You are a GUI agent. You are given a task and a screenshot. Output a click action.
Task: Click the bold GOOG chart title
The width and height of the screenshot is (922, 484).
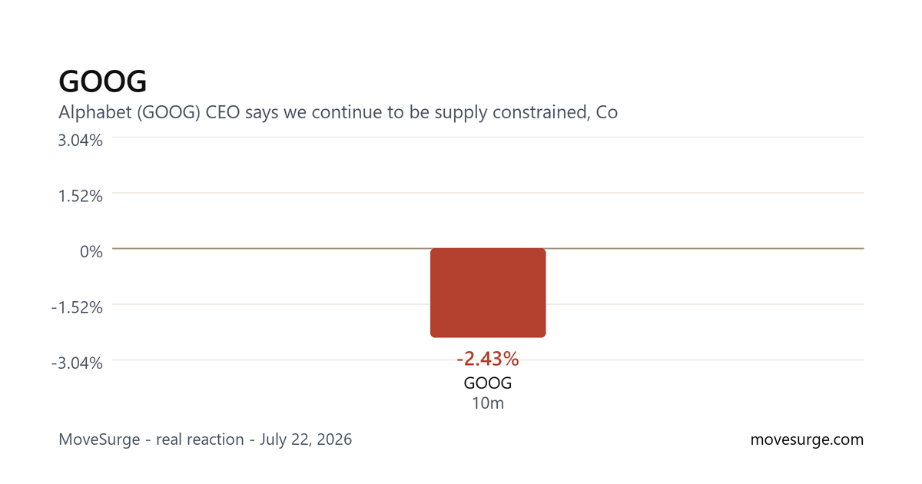pyautogui.click(x=102, y=81)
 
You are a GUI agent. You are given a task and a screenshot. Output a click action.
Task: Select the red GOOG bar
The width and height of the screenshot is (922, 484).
pyautogui.click(x=488, y=293)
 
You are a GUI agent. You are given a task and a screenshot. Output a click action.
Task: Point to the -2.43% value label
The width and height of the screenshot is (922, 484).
pyautogui.click(x=488, y=359)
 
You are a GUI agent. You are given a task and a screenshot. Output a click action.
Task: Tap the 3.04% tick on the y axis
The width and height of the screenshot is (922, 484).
pyautogui.click(x=80, y=141)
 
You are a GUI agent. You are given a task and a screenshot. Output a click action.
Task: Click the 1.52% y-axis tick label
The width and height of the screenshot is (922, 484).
pyautogui.click(x=80, y=196)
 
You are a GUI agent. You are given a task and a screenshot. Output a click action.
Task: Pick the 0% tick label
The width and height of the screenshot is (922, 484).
pyautogui.click(x=91, y=251)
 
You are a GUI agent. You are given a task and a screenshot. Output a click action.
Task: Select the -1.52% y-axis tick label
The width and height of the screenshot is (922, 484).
pyautogui.click(x=77, y=307)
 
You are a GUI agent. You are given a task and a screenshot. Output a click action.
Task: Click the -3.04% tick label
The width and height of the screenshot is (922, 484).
pyautogui.click(x=77, y=363)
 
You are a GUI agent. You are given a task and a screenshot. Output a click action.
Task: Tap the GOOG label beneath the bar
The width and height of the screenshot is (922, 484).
pyautogui.click(x=488, y=383)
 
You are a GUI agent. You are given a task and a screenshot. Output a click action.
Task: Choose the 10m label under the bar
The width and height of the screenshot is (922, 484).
pyautogui.click(x=488, y=403)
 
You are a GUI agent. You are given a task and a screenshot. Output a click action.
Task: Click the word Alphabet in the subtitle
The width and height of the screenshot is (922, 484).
pyautogui.click(x=95, y=112)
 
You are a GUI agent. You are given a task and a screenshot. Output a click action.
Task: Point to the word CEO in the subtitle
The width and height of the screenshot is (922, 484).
pyautogui.click(x=223, y=112)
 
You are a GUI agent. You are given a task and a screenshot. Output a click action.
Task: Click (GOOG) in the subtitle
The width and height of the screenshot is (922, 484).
pyautogui.click(x=169, y=112)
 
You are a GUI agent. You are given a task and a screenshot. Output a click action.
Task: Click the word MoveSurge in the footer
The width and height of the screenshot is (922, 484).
pyautogui.click(x=99, y=439)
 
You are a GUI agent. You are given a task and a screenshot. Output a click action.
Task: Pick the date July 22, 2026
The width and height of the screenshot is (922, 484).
pyautogui.click(x=306, y=439)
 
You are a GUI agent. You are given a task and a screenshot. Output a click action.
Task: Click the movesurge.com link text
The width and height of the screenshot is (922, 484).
pyautogui.click(x=808, y=439)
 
